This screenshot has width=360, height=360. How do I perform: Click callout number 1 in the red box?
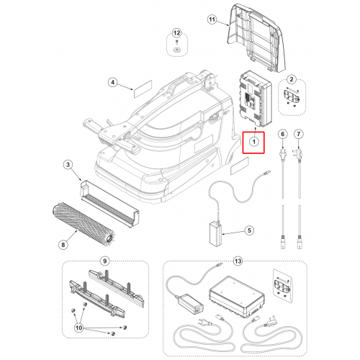click(x=253, y=142)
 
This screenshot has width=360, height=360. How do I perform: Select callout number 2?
click(x=292, y=79)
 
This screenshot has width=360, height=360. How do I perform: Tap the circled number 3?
click(x=68, y=165)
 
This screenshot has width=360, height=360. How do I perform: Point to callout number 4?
click(x=112, y=83)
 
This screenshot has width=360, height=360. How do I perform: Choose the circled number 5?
click(x=249, y=230)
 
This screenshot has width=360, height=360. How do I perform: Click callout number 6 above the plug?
click(x=282, y=134)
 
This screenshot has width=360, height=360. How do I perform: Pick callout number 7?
click(x=299, y=134)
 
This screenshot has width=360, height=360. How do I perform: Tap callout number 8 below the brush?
click(x=63, y=245)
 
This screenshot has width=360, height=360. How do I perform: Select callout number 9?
click(x=104, y=261)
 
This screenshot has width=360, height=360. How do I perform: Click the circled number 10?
click(x=79, y=328)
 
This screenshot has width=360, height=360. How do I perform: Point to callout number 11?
click(x=212, y=19)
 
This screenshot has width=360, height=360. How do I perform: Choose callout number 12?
click(x=176, y=33)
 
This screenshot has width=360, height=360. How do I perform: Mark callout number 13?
click(x=238, y=261)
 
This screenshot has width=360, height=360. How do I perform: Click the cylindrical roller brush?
click(x=84, y=224)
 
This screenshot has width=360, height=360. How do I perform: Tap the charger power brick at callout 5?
click(x=215, y=234)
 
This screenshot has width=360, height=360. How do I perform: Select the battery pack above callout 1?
click(x=256, y=99)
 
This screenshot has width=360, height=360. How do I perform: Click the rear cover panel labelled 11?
click(x=256, y=37)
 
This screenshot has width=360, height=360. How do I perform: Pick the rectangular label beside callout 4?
click(x=143, y=89)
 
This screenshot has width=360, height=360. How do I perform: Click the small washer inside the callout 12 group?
click(x=176, y=50)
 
